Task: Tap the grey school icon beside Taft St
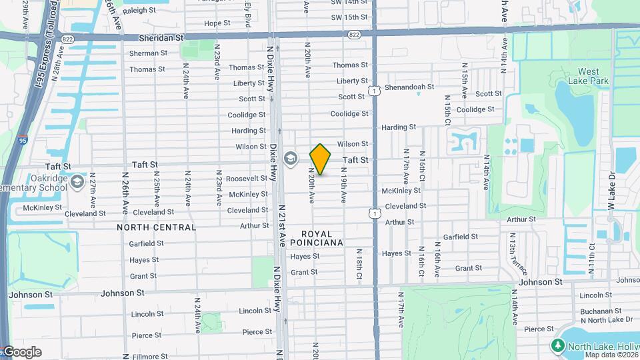coord(290,159)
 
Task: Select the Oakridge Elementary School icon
coord(77,182)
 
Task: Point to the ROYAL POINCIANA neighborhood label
coord(321,238)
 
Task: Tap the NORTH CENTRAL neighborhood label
coord(157,227)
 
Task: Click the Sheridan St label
coord(161,39)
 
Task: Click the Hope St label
coord(217,23)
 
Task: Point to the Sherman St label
coord(144,53)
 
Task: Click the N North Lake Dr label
coord(607,320)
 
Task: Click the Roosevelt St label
coord(247,179)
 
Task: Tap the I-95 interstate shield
coord(23,141)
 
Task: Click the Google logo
coord(21,351)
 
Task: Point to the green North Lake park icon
coord(557,345)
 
